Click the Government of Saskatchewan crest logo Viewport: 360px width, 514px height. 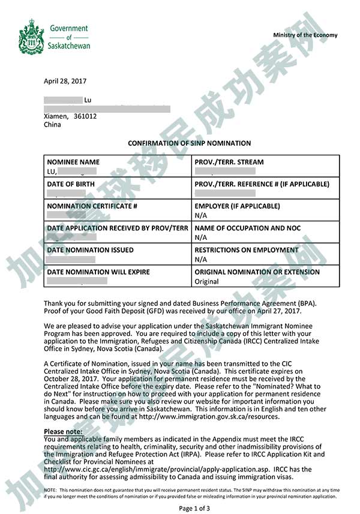tap(31, 36)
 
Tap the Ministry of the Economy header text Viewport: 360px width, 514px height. tap(305, 35)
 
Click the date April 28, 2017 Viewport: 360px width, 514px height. tap(65, 81)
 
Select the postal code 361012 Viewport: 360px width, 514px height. tap(85, 116)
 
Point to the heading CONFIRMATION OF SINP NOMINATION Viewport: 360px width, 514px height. tap(189, 143)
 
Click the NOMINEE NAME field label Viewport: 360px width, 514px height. tap(73, 162)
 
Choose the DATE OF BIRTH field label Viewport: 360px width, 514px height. tap(71, 184)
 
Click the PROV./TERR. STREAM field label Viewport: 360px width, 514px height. tap(229, 162)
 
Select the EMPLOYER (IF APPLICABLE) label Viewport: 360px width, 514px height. tap(237, 206)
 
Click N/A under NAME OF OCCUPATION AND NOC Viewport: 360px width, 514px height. tap(200, 238)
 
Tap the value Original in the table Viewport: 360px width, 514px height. tap(206, 281)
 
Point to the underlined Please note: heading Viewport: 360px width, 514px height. tap(62, 432)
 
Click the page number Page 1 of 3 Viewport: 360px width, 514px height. tap(194, 509)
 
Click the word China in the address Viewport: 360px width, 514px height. tap(52, 125)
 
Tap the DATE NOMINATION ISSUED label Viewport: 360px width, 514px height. tap(90, 250)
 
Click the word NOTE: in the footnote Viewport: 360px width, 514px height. tap(50, 490)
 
